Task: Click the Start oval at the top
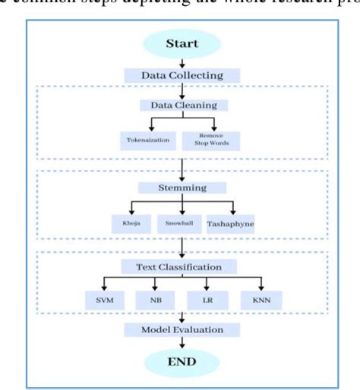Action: [x=182, y=43]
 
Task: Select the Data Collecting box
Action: [x=182, y=75]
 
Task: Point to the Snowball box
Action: [x=181, y=225]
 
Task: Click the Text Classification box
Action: [x=182, y=266]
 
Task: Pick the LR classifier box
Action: [x=207, y=301]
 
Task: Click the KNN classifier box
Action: [x=260, y=301]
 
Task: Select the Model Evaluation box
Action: [x=182, y=330]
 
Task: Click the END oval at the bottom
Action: [x=182, y=363]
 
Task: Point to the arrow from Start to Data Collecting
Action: [x=182, y=62]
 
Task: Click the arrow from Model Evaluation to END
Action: [x=182, y=344]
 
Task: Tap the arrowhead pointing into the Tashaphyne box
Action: [x=232, y=213]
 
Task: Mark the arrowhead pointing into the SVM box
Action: [x=104, y=288]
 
